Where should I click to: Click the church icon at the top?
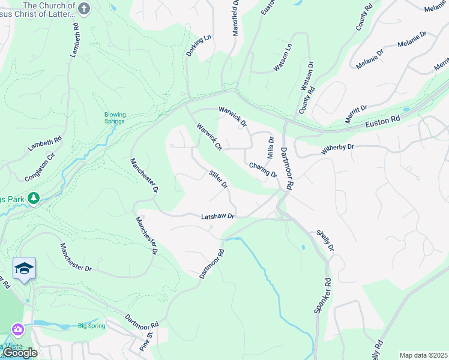point(84,9)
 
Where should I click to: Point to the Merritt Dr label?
point(356,113)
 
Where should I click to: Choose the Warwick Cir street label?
point(209,136)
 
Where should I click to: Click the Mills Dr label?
point(271,147)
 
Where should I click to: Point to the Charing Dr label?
point(262,170)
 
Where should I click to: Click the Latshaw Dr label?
point(217,216)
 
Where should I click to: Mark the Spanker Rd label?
point(322,295)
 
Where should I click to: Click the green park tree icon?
point(34,197)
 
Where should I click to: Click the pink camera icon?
point(18,329)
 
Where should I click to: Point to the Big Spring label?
point(91,326)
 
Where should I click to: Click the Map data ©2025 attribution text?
point(423,355)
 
